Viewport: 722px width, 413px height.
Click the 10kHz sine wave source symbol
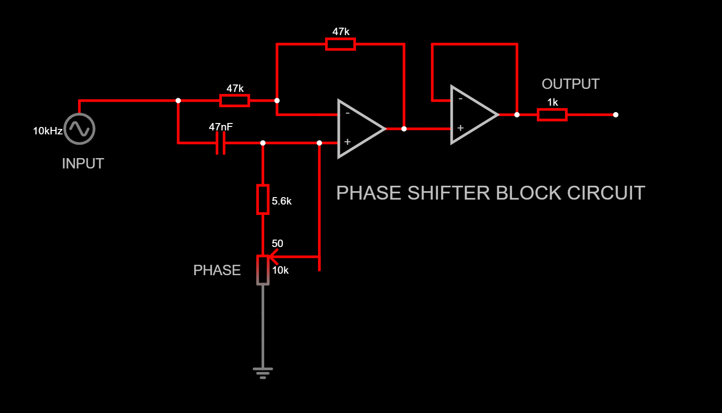79,129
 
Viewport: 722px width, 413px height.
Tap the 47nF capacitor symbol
221,143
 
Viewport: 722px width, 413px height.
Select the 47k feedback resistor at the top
340,44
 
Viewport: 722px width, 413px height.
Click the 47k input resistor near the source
235,101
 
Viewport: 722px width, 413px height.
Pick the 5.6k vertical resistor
263,200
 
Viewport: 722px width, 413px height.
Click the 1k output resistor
552,115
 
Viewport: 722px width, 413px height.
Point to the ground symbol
263,372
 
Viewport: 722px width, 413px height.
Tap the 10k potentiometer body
263,270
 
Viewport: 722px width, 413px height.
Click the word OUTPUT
570,84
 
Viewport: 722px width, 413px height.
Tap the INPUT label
83,164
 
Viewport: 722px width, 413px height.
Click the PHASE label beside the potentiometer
217,270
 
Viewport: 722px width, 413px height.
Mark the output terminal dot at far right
615,115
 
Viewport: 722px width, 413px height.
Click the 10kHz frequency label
47,131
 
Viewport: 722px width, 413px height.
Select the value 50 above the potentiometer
278,244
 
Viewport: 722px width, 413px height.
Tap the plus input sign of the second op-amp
460,128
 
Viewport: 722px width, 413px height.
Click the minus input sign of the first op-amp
348,114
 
